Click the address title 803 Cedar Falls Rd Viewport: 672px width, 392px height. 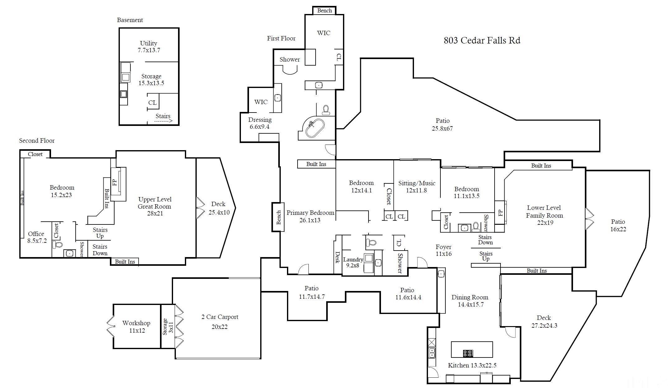pos(482,40)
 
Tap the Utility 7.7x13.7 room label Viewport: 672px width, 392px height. pos(149,47)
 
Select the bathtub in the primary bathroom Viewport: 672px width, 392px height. pos(315,128)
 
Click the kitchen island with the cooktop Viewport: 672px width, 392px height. pos(472,349)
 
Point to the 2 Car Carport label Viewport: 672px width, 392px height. pos(220,317)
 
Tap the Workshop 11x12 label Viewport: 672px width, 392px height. pos(136,326)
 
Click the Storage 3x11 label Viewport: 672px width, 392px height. pos(168,326)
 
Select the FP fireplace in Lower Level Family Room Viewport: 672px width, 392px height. pos(500,213)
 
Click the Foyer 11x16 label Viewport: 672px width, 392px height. pos(444,250)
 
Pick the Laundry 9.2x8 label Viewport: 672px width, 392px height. pos(353,262)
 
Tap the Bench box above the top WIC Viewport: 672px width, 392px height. pos(324,11)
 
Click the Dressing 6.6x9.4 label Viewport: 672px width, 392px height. pos(260,123)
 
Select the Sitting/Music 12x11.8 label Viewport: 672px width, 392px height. pos(416,187)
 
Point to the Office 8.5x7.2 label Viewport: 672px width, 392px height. pos(36,237)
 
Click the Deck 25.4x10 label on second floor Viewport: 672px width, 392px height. pos(219,208)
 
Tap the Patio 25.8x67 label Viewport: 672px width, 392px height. pos(442,124)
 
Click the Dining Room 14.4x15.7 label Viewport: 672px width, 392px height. pos(470,301)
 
